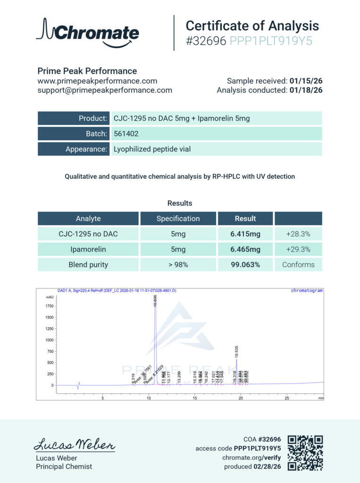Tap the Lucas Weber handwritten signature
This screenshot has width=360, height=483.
coord(74,444)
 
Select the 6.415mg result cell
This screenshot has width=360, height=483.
coord(245,233)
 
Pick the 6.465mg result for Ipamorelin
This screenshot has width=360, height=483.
coord(245,249)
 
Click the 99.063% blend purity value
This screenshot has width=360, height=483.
coord(245,265)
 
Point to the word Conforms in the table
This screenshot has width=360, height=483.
coord(298,265)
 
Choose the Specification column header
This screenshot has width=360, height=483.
coord(178,218)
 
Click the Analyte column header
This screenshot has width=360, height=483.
coord(88,218)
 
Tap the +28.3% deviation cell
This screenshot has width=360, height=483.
coord(298,233)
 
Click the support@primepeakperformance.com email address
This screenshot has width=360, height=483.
coord(105,90)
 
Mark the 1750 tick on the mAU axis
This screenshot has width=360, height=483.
coord(49,306)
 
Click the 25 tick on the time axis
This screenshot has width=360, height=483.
coord(286,398)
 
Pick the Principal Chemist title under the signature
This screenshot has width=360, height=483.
coord(64,466)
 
